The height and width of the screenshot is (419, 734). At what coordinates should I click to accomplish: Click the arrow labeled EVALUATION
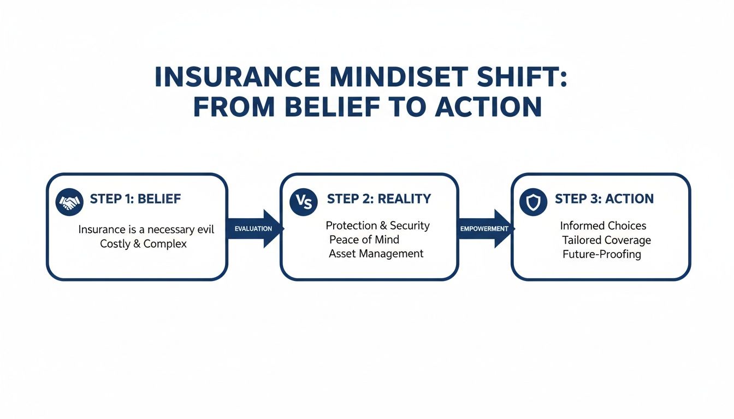coord(255,229)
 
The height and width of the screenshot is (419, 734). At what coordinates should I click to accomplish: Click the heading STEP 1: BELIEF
coord(135,199)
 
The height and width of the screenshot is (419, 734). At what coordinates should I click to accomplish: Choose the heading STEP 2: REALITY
coord(378,199)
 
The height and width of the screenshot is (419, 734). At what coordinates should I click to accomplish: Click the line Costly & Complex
coord(143,244)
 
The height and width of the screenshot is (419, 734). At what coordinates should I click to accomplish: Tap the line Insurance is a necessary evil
coord(146,230)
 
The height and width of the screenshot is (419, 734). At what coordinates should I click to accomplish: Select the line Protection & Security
coord(377,226)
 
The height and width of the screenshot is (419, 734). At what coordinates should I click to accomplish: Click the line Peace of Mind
coord(364,240)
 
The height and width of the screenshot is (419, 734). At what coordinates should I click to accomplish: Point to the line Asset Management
coord(376,254)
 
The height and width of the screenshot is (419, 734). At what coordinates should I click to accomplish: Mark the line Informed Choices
coord(603,226)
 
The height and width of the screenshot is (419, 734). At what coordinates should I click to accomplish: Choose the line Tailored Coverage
coord(606,240)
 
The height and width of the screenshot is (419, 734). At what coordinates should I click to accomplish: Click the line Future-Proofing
coord(601,254)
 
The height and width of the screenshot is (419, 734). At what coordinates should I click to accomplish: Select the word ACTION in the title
coord(488,107)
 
